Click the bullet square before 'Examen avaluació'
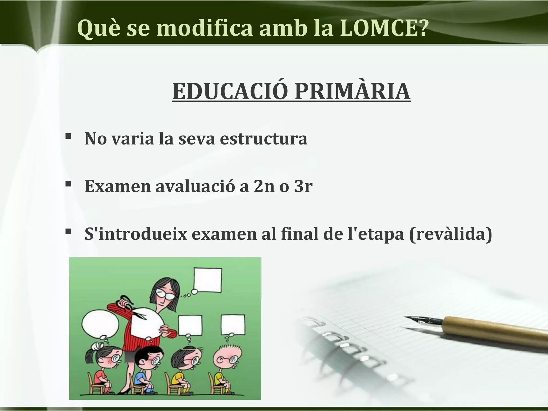[68, 184]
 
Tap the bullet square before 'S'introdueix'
[68, 231]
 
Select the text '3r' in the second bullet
[303, 186]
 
